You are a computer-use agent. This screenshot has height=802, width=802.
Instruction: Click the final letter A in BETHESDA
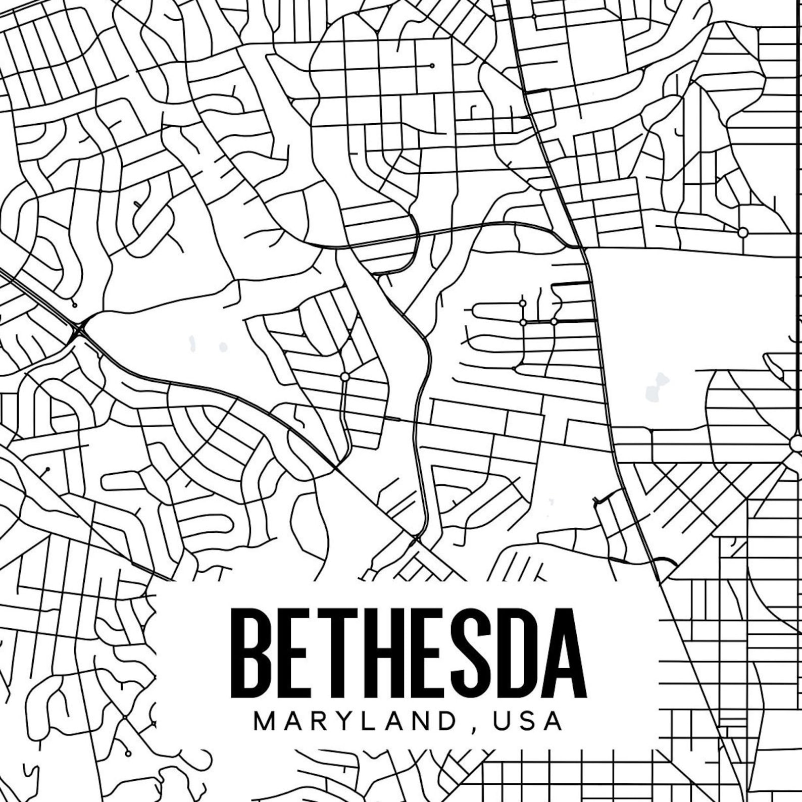click(x=564, y=653)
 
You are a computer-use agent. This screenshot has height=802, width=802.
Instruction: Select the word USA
click(x=528, y=721)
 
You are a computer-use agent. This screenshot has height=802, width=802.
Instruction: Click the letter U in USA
click(x=503, y=721)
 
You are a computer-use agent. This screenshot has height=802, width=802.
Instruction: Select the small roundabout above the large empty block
click(x=743, y=232)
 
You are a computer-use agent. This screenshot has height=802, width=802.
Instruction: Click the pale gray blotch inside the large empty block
click(x=657, y=386)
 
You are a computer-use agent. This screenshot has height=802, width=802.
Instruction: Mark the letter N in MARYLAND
click(x=419, y=721)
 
